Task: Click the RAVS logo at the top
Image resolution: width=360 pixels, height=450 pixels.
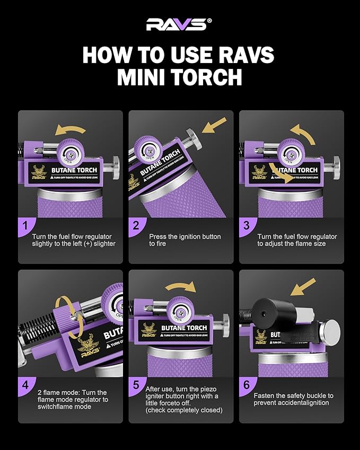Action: tap(179, 24)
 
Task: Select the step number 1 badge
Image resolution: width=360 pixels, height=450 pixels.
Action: tap(25, 226)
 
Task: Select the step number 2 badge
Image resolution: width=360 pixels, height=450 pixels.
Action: tap(136, 226)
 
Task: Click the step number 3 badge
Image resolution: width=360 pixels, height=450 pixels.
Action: tap(246, 226)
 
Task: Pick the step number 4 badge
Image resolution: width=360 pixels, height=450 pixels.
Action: tap(25, 385)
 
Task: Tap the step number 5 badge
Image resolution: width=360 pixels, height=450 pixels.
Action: tap(136, 385)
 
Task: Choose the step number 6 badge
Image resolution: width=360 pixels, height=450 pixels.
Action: tap(246, 385)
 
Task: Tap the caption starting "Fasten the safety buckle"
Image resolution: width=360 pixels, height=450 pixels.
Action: tap(293, 399)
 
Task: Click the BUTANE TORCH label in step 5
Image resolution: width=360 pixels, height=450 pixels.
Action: tap(184, 328)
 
